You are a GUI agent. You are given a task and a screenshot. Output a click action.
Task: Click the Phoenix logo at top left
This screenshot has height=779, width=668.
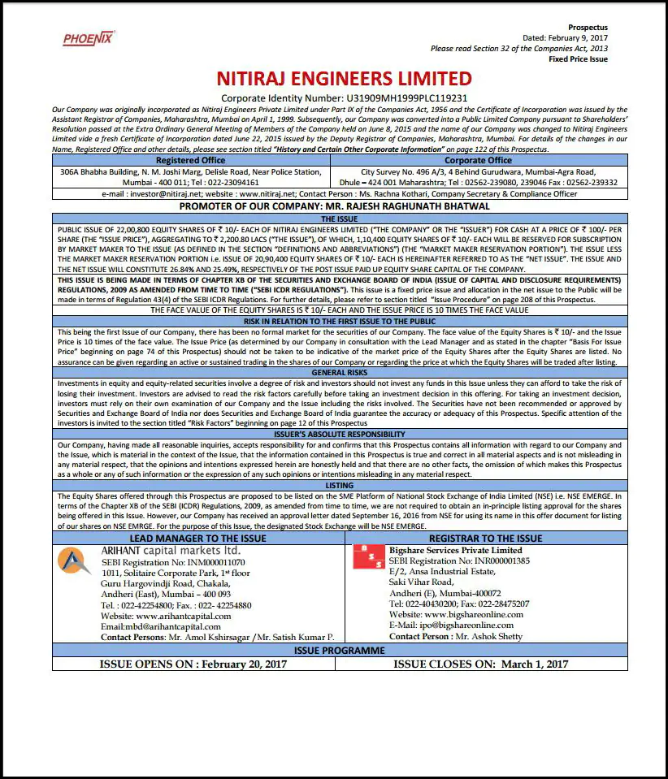[x=89, y=38]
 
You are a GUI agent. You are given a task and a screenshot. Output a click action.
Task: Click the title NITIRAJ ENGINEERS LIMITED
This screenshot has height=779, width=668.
[x=344, y=79]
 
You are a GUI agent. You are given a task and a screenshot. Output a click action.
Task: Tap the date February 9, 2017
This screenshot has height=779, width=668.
[x=578, y=38]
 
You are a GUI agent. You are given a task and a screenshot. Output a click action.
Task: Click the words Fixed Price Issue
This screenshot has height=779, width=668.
[x=578, y=59]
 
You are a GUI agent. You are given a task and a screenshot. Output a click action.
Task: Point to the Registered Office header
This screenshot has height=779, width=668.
[x=190, y=160]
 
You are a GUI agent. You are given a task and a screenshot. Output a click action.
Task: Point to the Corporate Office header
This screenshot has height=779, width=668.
[x=478, y=160]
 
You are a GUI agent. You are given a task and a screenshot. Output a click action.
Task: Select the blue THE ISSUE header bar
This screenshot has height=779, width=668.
[x=339, y=219]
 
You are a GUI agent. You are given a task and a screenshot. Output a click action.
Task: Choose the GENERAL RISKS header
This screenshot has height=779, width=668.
[x=339, y=372]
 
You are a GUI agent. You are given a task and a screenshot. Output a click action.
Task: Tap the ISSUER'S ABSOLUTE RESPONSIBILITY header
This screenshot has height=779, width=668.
[x=339, y=434]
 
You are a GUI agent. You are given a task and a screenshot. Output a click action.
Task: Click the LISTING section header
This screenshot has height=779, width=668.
[x=339, y=485]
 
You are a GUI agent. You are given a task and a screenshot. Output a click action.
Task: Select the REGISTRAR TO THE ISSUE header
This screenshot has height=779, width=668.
[x=485, y=539]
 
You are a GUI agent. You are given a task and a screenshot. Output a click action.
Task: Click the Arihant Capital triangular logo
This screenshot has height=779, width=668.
[x=75, y=561]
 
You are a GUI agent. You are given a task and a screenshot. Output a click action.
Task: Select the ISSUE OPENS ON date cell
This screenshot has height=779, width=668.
[x=193, y=664]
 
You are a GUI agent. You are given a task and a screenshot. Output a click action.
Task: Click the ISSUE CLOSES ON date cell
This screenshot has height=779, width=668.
[x=481, y=664]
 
